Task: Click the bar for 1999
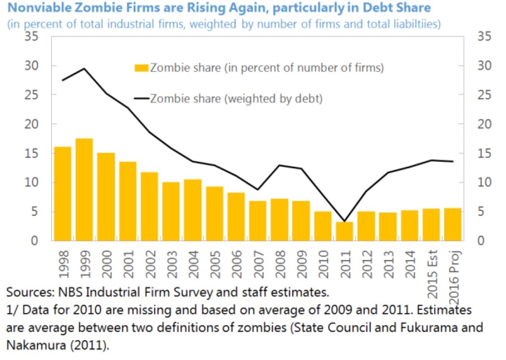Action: [x=84, y=190]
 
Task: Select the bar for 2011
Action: [x=344, y=231]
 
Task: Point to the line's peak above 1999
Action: [x=84, y=69]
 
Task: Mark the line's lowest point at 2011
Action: [x=344, y=221]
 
